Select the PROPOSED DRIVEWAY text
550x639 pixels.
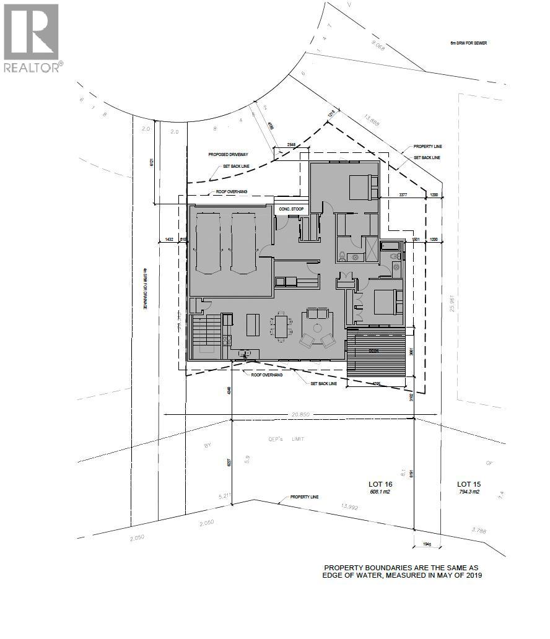coord(227,154)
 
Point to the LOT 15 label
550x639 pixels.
coord(469,484)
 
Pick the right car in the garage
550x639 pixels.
coord(243,243)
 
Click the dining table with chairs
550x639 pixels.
coord(282,326)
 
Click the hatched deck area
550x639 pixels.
coord(375,356)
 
